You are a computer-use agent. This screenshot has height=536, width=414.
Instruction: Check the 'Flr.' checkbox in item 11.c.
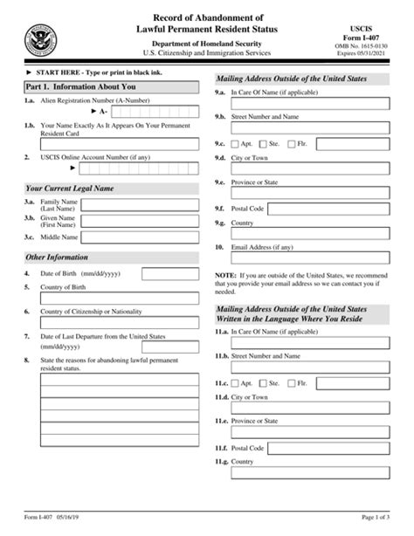coord(295,382)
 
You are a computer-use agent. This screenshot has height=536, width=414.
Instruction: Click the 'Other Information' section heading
coord(58,258)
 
